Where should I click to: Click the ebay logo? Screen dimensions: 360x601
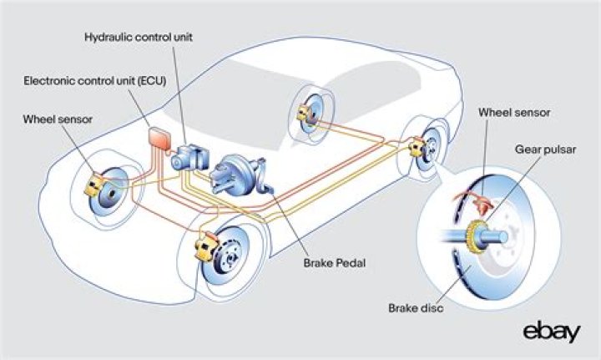[x=552, y=331]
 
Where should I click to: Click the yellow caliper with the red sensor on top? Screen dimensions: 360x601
[x=203, y=249]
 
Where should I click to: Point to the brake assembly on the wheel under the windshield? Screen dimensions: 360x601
[x=308, y=116]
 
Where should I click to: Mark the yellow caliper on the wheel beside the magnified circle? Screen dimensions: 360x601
[x=417, y=150]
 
